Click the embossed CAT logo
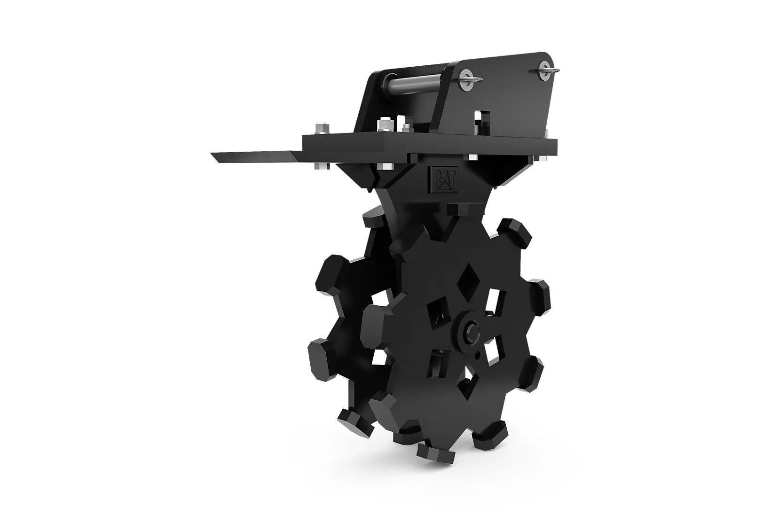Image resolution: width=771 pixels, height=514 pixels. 442,179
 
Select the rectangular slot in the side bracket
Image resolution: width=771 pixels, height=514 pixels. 483,119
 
